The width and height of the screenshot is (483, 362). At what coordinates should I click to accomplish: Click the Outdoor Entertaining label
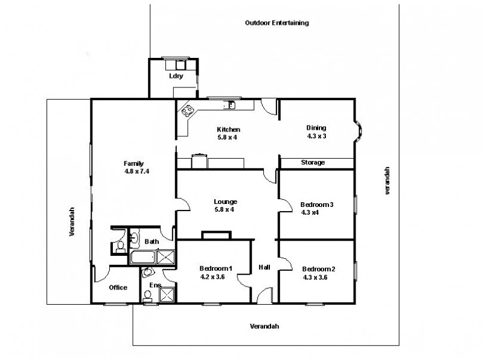pyautogui.click(x=277, y=23)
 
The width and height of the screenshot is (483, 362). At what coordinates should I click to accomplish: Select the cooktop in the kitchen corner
pyautogui.click(x=188, y=110)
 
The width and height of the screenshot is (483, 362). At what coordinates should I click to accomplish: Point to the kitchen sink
pyautogui.click(x=229, y=106)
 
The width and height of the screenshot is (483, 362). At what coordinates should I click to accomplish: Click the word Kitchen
pyautogui.click(x=229, y=129)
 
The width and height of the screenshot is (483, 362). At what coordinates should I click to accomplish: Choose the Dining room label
pyautogui.click(x=316, y=127)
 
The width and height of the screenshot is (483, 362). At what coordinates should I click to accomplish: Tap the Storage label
pyautogui.click(x=313, y=162)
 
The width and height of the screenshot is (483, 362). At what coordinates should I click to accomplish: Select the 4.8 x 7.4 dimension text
pyautogui.click(x=136, y=171)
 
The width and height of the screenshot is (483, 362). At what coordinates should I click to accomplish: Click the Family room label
pyautogui.click(x=133, y=164)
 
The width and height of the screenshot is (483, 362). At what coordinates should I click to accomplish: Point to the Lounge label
pyautogui.click(x=225, y=202)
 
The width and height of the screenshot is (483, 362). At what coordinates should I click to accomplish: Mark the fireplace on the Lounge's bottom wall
pyautogui.click(x=216, y=235)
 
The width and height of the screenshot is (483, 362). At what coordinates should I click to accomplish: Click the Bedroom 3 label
pyautogui.click(x=317, y=205)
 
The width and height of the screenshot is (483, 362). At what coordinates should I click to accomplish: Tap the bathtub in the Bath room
pyautogui.click(x=142, y=258)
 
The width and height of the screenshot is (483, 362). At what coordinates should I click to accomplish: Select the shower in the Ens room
pyautogui.click(x=167, y=294)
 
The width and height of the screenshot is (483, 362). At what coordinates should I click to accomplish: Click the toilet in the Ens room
pyautogui.click(x=147, y=296)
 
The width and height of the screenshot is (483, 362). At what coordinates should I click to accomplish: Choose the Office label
pyautogui.click(x=118, y=287)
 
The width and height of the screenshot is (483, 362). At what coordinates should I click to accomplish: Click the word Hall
pyautogui.click(x=264, y=267)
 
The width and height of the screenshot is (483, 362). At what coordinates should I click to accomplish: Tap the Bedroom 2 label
pyautogui.click(x=318, y=269)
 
